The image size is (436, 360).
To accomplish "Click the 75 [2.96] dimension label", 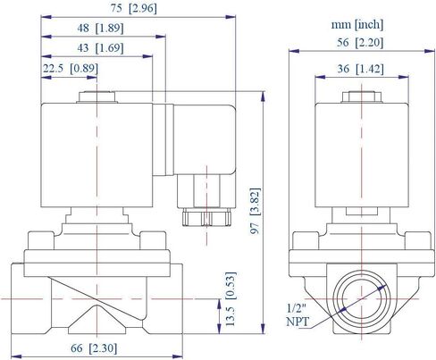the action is click(x=134, y=8).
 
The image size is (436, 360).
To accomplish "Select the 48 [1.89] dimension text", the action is click(x=100, y=29).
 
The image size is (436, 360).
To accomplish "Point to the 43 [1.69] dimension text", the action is click(x=100, y=47).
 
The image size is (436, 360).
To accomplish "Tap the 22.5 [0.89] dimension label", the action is click(x=71, y=69).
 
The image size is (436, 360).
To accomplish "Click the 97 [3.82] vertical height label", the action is click(x=256, y=211).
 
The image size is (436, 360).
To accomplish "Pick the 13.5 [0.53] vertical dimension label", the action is click(x=231, y=298).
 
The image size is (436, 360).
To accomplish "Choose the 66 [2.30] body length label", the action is click(x=94, y=347).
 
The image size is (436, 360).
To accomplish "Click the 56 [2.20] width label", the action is click(x=360, y=43).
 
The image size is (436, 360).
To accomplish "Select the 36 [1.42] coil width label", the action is click(x=361, y=69).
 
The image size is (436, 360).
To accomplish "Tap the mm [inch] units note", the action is click(x=357, y=24).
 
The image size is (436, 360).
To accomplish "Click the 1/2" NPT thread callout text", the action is click(x=298, y=315).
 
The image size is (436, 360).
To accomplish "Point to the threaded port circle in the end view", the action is click(x=361, y=298).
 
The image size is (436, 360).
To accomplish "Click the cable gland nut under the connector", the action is click(x=206, y=217).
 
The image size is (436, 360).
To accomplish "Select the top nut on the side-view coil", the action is click(x=96, y=97).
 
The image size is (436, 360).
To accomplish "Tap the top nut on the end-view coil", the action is click(x=362, y=97).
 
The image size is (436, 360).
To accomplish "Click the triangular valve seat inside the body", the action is click(x=96, y=321).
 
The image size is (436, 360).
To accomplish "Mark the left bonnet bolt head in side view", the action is click(x=41, y=240).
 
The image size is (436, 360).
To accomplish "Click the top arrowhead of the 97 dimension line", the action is click(x=263, y=96).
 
